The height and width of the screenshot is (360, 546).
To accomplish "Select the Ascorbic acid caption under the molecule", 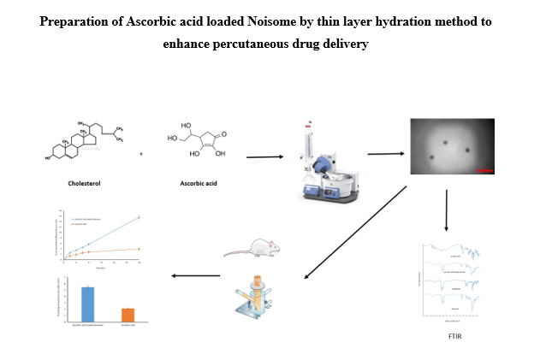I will tap(197, 182).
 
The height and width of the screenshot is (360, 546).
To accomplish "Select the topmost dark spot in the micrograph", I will tap(445, 141).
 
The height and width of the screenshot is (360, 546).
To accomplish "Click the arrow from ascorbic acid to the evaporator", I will tap(264, 157).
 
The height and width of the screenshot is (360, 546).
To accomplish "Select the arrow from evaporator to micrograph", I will tap(386, 154).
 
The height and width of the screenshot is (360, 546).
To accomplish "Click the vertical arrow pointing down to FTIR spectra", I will tap(446, 211).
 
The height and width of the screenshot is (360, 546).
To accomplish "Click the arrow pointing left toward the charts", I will tap(196, 275).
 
